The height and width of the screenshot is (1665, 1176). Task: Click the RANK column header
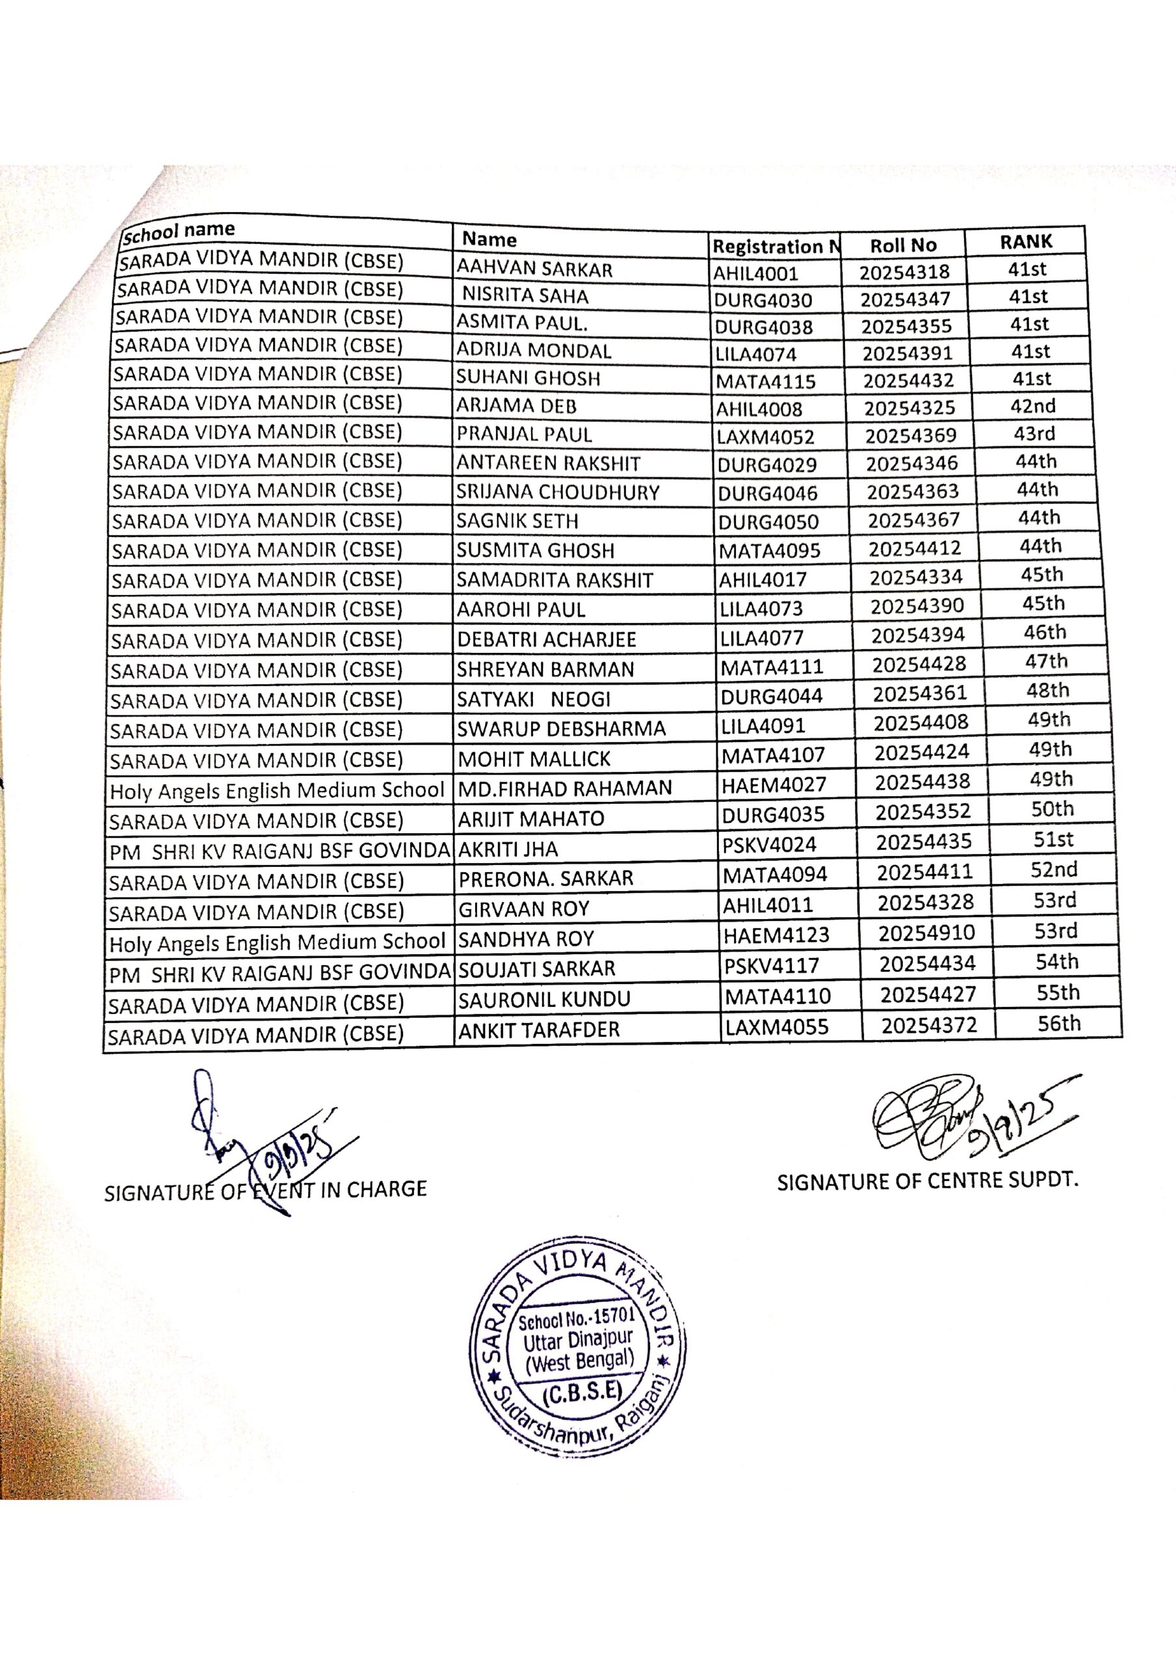(1025, 241)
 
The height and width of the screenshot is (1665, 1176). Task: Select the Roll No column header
(903, 245)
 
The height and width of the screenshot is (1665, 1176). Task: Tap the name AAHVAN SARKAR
(534, 269)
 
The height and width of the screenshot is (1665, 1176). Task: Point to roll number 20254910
(926, 933)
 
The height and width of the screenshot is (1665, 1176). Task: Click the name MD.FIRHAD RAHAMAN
(565, 788)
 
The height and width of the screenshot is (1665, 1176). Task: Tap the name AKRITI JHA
(508, 849)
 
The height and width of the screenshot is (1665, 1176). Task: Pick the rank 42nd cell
(1032, 406)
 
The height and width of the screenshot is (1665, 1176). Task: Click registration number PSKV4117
(772, 966)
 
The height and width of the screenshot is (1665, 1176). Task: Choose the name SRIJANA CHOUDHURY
(558, 492)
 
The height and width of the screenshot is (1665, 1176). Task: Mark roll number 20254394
(918, 635)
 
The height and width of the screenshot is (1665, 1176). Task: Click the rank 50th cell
(1052, 809)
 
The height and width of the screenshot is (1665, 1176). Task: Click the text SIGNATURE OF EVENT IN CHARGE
(265, 1190)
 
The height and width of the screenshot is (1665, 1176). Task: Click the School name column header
(178, 232)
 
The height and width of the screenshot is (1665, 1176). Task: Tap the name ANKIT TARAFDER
(539, 1030)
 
